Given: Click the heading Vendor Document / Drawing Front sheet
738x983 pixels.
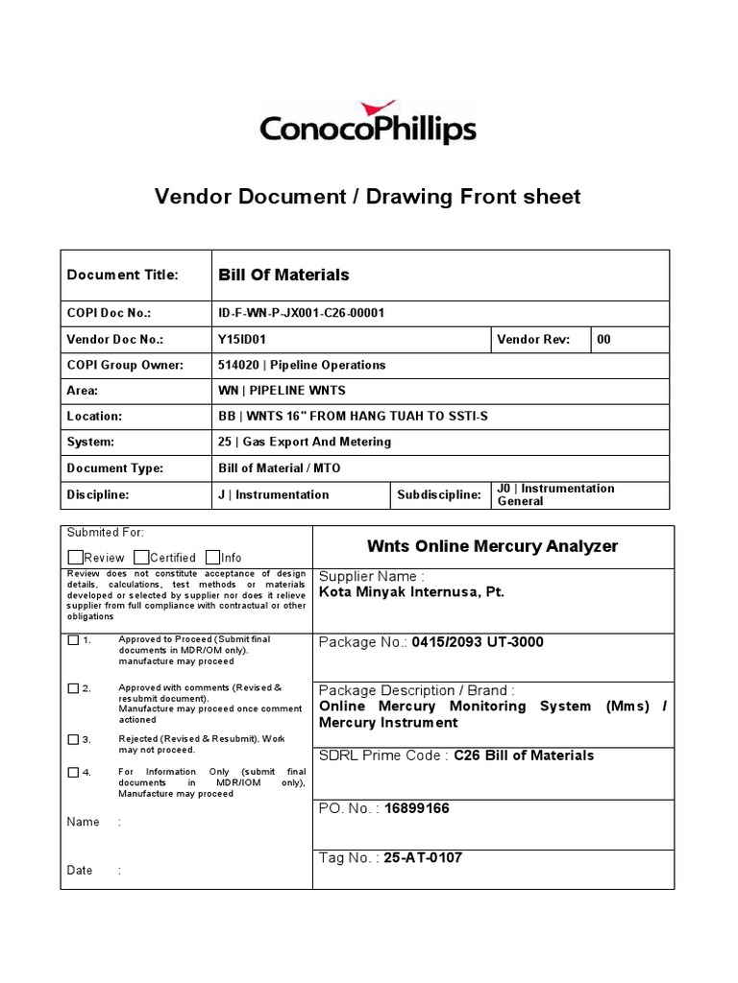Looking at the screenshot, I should [x=368, y=197].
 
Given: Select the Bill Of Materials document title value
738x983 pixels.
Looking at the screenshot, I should [x=283, y=275].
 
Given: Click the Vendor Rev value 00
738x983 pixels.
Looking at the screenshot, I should [x=603, y=339].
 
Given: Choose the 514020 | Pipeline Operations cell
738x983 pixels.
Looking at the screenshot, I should [x=302, y=365].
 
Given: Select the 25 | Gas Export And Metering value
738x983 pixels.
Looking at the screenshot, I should [x=305, y=443].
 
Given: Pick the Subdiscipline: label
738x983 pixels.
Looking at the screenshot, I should [x=438, y=494].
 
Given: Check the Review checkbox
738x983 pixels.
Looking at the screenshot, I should [x=76, y=558].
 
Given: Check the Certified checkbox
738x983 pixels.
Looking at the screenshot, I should [x=141, y=558].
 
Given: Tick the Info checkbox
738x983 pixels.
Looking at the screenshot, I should [x=212, y=558].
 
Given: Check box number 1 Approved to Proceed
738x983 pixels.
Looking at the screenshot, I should [x=74, y=640].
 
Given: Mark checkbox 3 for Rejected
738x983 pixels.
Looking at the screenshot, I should [x=74, y=739].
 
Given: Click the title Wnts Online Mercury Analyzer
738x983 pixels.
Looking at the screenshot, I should [x=493, y=546].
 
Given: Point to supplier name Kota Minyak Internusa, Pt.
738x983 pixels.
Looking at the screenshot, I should [x=411, y=592].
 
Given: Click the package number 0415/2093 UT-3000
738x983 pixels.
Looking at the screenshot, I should [x=477, y=642].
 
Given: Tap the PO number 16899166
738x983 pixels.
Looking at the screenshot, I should [x=416, y=808].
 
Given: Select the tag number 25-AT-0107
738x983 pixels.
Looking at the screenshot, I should [x=423, y=857].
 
